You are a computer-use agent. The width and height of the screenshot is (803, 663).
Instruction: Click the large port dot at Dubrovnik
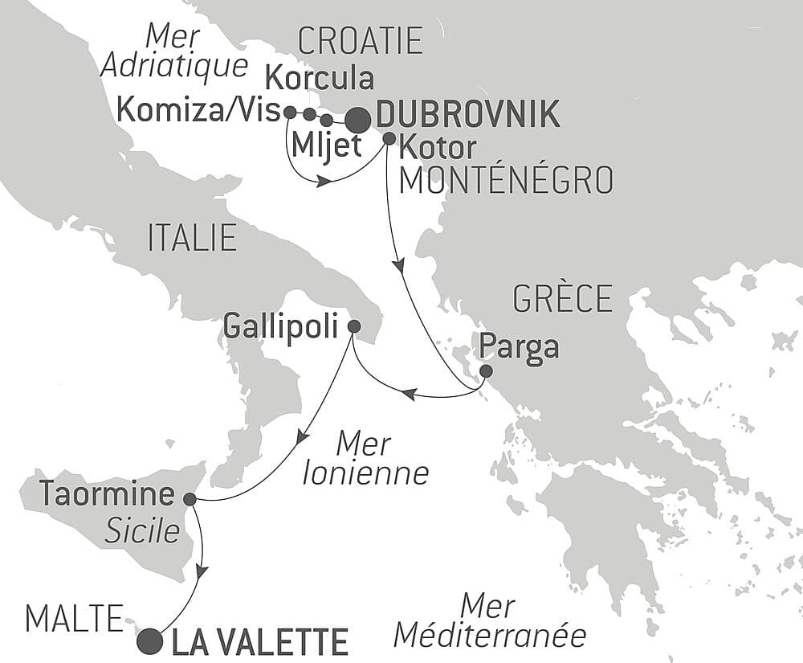(x=357, y=119)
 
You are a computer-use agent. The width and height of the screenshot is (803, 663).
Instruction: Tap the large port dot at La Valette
(x=149, y=641)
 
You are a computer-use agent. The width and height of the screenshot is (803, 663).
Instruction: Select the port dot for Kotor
(x=389, y=138)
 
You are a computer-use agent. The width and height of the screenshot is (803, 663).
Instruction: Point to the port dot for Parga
(x=486, y=370)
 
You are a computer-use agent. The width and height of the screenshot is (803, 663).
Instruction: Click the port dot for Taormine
(x=190, y=499)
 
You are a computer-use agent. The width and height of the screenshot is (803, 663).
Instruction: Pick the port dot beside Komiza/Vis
(x=290, y=112)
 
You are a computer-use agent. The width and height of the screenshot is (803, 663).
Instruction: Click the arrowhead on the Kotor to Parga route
(x=397, y=267)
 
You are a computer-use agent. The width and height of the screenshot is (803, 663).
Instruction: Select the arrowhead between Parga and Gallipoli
(x=409, y=394)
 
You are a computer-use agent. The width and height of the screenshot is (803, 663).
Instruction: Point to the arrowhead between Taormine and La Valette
(x=202, y=571)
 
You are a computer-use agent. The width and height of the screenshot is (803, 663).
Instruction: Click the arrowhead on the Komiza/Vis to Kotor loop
(x=324, y=182)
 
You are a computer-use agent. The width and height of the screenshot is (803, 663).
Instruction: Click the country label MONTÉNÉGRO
(x=506, y=180)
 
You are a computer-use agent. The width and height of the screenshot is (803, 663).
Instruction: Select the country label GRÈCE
(x=561, y=298)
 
